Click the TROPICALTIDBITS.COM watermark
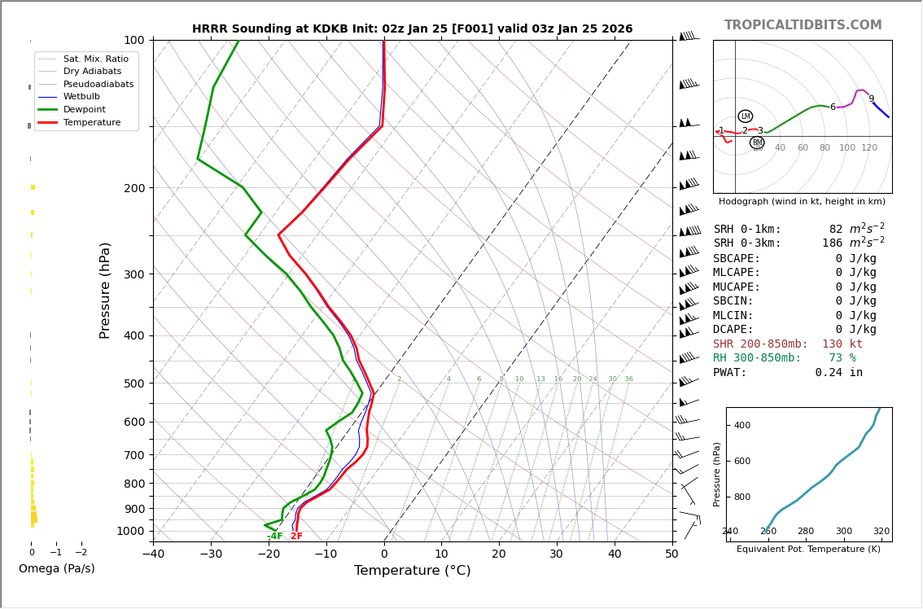[x=803, y=25]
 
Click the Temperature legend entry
[x=91, y=122]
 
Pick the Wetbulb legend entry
[x=81, y=97]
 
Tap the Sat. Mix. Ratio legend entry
[x=95, y=59]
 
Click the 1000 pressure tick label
[x=130, y=531]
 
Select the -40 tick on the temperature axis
[x=153, y=554]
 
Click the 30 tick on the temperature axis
[x=556, y=554]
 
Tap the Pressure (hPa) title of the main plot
[x=105, y=290]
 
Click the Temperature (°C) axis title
[x=412, y=571]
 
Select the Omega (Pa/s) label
[x=56, y=568]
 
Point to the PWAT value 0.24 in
[x=838, y=373]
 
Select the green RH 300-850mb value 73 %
[x=842, y=358]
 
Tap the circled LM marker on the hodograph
[x=746, y=116]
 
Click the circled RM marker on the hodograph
[x=757, y=142]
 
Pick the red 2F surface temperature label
[x=296, y=537]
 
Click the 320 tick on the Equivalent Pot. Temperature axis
[x=881, y=531]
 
